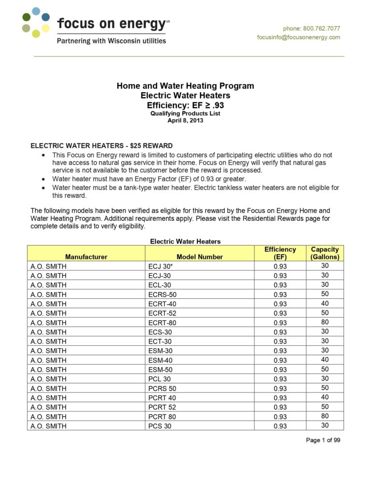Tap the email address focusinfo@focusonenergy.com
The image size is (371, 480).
tap(299, 37)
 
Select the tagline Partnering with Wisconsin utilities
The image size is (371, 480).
tap(112, 41)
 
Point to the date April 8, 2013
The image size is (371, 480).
tap(185, 121)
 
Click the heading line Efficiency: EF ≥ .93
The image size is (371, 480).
tap(185, 105)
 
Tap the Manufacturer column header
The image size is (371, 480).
tap(86, 257)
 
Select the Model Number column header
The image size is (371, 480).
tap(200, 257)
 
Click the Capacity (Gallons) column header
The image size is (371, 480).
tap(325, 253)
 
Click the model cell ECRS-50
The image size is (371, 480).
tap(163, 294)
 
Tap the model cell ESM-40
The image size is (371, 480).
tap(161, 360)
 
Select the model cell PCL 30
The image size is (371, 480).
tap(160, 379)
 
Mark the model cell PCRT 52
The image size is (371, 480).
tap(162, 407)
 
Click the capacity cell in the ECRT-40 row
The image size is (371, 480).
tap(325, 303)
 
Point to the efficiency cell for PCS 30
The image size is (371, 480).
tap(280, 426)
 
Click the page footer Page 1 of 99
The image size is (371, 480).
tap(323, 440)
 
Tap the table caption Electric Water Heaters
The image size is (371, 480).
tap(185, 241)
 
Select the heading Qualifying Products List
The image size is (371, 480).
tap(185, 113)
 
